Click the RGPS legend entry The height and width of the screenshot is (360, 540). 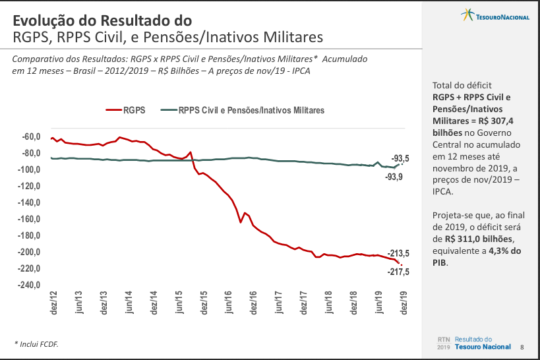pyautogui.click(x=127, y=110)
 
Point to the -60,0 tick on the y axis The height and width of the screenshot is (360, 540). pyautogui.click(x=30, y=136)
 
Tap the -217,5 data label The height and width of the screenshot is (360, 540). pyautogui.click(x=398, y=272)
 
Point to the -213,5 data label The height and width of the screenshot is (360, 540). pyautogui.click(x=399, y=253)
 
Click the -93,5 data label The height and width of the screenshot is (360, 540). pyautogui.click(x=400, y=158)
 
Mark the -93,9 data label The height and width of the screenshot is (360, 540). pyautogui.click(x=395, y=177)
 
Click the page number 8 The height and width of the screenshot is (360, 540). pyautogui.click(x=522, y=347)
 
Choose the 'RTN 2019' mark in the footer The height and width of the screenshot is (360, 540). pyautogui.click(x=443, y=343)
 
